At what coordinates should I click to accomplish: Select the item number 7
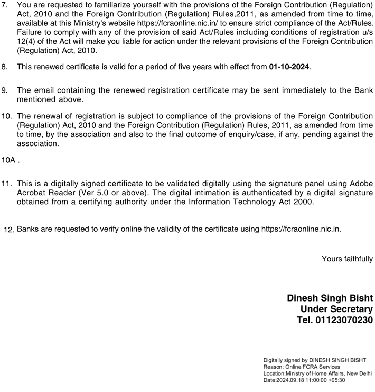[x=5, y=5]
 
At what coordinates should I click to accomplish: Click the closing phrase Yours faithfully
[x=347, y=259]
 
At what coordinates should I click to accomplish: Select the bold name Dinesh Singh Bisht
[x=330, y=298]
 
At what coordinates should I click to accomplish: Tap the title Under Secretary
[x=336, y=309]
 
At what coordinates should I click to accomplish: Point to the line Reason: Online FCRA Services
[x=302, y=367]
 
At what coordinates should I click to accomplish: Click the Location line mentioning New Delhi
[x=317, y=373]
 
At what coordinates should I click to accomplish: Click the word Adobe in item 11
[x=360, y=183]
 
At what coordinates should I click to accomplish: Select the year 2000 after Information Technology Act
[x=304, y=202]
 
